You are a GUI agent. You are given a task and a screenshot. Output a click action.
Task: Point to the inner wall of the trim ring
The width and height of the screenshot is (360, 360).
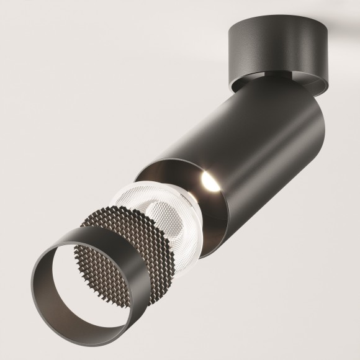point(93,304)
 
